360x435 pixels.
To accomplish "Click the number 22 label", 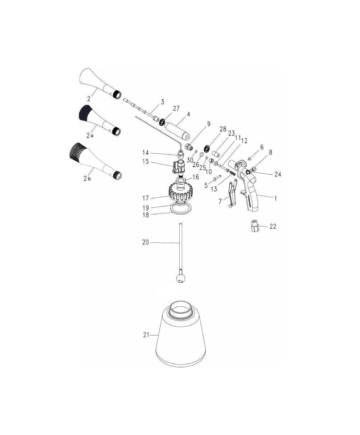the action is (273, 226).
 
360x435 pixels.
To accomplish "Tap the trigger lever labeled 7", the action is (232, 194).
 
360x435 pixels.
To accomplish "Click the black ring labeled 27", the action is (162, 122).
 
